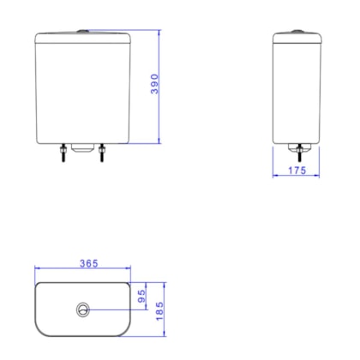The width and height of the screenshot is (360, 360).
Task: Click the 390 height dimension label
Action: click(155, 86)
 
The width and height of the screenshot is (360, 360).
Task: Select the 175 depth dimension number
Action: click(296, 171)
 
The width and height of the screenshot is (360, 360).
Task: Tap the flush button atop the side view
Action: click(297, 32)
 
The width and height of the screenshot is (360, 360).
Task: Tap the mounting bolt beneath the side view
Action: click(297, 153)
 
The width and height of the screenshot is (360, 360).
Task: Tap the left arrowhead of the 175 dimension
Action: click(275, 177)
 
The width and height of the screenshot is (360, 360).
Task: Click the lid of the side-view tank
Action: click(297, 38)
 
